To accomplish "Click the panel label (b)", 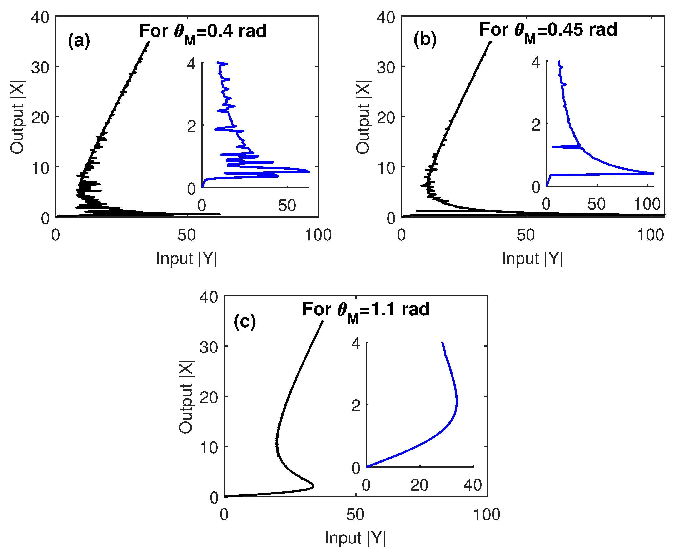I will pyautogui.click(x=425, y=40).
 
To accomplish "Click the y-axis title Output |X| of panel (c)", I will pyautogui.click(x=186, y=396).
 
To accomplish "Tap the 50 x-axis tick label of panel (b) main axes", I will pyautogui.click(x=526, y=235).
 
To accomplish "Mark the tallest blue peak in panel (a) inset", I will pyautogui.click(x=309, y=172).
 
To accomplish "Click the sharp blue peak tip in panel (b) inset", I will pyautogui.click(x=653, y=173).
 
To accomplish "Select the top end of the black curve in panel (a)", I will pyautogui.click(x=149, y=42).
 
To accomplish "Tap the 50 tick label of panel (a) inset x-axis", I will pyautogui.click(x=287, y=206).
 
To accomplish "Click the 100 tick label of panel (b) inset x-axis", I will pyautogui.click(x=647, y=204).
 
